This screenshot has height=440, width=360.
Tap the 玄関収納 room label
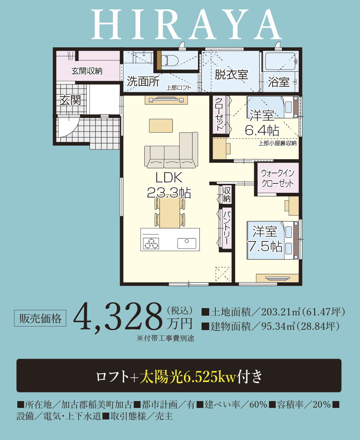(87, 71)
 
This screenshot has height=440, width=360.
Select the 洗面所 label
(143, 81)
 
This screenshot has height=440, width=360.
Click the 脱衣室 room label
(231, 75)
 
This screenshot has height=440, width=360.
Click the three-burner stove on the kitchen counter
(151, 244)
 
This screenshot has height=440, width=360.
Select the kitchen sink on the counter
(186, 243)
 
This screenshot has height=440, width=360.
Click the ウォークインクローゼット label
(278, 178)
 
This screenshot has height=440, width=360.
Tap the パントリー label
(226, 228)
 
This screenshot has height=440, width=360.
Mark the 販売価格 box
(40, 318)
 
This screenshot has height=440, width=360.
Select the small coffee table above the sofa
(161, 125)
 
